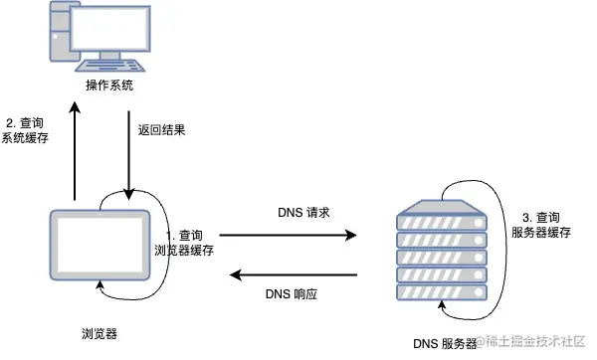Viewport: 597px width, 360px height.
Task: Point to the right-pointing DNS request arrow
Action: coord(288,236)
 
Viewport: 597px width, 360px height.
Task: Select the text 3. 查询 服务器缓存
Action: coord(542,224)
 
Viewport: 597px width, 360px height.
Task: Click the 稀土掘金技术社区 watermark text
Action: coord(530,341)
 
